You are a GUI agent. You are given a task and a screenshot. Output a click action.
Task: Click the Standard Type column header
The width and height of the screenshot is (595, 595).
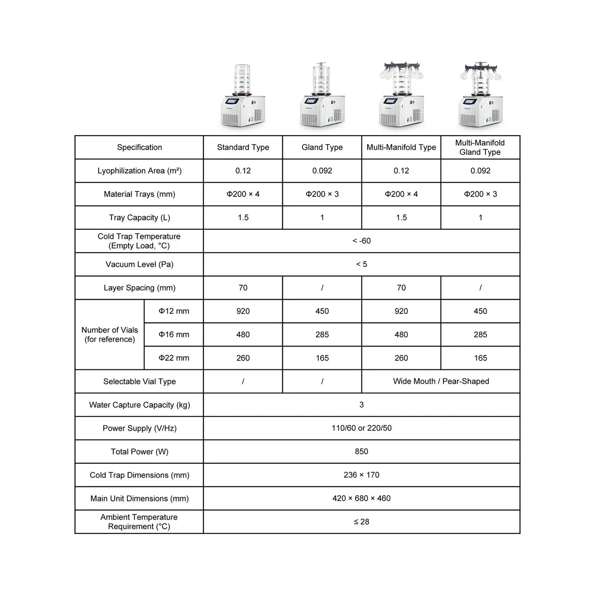click(x=243, y=147)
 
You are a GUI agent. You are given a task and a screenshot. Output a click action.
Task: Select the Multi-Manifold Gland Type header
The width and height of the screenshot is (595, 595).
click(x=480, y=147)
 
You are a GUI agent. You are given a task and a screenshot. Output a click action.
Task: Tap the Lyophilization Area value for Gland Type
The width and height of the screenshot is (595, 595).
click(x=322, y=171)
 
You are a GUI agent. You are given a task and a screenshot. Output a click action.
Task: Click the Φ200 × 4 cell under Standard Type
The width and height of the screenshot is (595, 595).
click(x=243, y=194)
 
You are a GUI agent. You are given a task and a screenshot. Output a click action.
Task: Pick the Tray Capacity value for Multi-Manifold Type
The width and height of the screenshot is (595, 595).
click(x=401, y=218)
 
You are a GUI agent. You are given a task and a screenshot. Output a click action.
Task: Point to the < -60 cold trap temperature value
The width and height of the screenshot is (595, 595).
click(x=362, y=241)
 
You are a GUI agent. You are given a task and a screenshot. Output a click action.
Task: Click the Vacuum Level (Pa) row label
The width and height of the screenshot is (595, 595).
click(x=139, y=264)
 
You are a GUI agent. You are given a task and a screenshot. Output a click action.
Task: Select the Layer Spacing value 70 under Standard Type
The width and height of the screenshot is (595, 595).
click(x=243, y=288)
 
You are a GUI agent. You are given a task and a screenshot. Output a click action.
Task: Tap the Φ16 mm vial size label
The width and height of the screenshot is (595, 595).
click(x=174, y=335)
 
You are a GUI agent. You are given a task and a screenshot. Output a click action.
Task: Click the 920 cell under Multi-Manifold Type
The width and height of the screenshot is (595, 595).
click(x=401, y=311)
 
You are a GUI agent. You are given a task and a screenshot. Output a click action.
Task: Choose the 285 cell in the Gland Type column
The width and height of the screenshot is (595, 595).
click(x=322, y=335)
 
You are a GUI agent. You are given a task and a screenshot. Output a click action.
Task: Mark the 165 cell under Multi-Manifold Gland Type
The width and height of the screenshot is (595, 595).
click(x=480, y=358)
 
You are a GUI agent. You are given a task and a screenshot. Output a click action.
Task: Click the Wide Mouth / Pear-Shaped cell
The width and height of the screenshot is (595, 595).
click(x=441, y=381)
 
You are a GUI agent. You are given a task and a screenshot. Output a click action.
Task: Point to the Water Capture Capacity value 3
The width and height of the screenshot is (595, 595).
click(x=362, y=405)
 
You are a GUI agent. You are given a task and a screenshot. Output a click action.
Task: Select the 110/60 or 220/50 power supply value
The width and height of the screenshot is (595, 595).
click(x=362, y=428)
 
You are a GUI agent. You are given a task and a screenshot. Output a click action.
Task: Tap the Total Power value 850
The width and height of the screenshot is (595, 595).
click(x=362, y=452)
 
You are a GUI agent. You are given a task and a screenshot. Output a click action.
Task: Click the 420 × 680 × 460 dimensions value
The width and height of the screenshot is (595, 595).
click(x=362, y=498)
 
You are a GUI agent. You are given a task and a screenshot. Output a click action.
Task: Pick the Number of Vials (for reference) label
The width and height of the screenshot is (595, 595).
click(x=110, y=335)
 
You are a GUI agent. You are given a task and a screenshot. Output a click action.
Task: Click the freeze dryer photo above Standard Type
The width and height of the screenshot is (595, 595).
click(x=243, y=97)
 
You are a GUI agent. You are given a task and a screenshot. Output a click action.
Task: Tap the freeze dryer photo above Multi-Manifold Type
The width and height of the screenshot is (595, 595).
click(x=401, y=96)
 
